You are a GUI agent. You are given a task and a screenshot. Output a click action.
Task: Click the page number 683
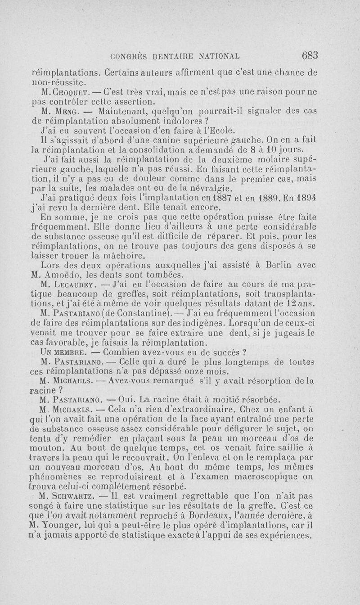pyautogui.click(x=310, y=55)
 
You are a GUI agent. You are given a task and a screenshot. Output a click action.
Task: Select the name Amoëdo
pyautogui.click(x=69, y=275)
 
